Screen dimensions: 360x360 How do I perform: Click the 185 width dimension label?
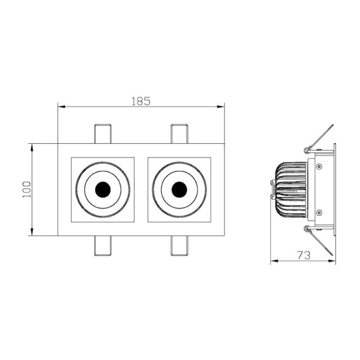click(x=141, y=101)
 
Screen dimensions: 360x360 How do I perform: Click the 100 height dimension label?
click(x=27, y=190)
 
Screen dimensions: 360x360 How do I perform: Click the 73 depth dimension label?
click(x=304, y=256)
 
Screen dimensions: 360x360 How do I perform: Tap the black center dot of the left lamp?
click(x=103, y=190)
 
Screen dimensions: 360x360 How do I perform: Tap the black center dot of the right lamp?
click(x=180, y=190)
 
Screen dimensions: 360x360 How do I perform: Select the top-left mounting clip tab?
click(x=103, y=134)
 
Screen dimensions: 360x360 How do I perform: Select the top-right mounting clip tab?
click(x=180, y=134)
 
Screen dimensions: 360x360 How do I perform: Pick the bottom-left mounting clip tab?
click(x=103, y=246)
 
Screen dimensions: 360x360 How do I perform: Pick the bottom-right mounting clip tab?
click(x=180, y=246)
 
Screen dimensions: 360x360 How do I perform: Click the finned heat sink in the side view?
click(x=291, y=190)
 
